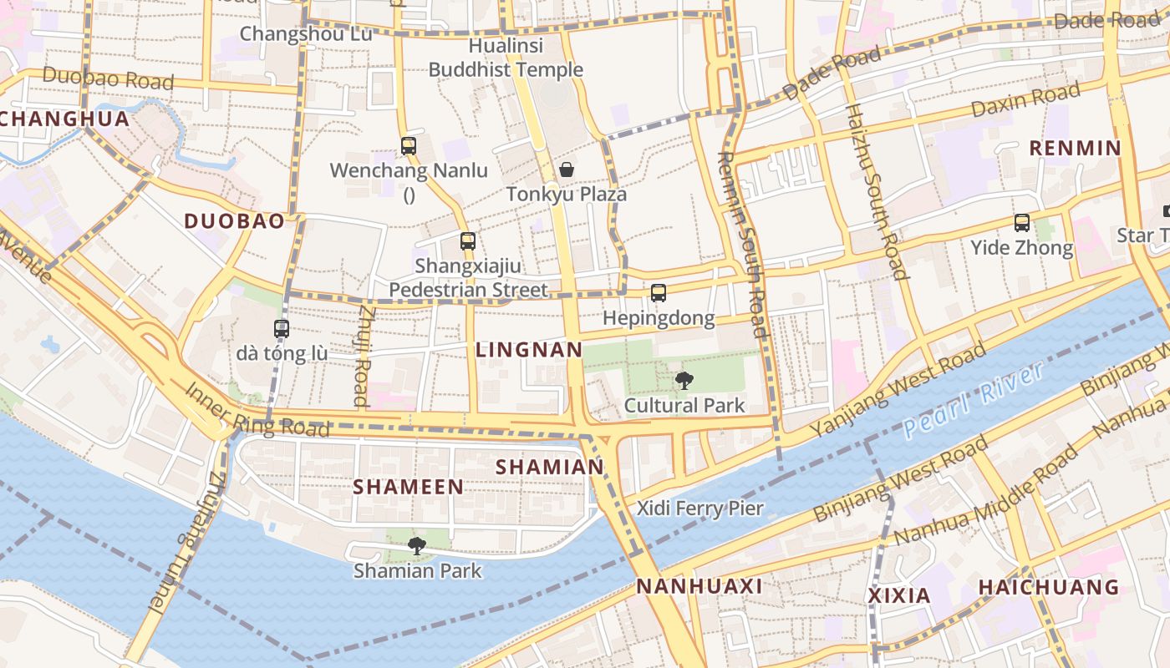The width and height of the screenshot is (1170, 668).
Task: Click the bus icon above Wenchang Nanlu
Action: coord(408,146)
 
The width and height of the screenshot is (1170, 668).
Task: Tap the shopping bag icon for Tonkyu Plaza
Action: coord(567,170)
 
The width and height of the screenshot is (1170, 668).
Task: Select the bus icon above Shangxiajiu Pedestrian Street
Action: coord(468,241)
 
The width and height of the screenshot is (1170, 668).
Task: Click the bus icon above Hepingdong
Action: coord(659,293)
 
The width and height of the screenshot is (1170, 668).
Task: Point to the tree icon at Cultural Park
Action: coord(684,381)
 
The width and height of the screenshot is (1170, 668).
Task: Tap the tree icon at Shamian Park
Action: coord(416,546)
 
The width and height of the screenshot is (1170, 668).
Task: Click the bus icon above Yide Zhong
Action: coord(1021,223)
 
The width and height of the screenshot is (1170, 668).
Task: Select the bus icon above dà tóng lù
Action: coord(282,329)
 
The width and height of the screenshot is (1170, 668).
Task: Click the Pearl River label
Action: coord(974,400)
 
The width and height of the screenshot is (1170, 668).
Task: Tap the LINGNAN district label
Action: coord(529,350)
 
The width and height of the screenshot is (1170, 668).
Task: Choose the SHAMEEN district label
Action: coord(408,487)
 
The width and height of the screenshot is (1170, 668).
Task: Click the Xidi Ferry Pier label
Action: coord(700,508)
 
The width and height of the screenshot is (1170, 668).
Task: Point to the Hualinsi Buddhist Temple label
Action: coord(506,58)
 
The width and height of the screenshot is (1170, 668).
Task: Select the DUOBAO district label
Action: coord(234,221)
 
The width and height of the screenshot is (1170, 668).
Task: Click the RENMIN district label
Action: coord(1075,149)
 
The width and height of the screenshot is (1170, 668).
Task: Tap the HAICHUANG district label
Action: coord(1049,587)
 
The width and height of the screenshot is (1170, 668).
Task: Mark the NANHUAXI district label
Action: coord(699,586)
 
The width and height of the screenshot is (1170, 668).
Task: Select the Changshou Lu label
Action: coord(294,33)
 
